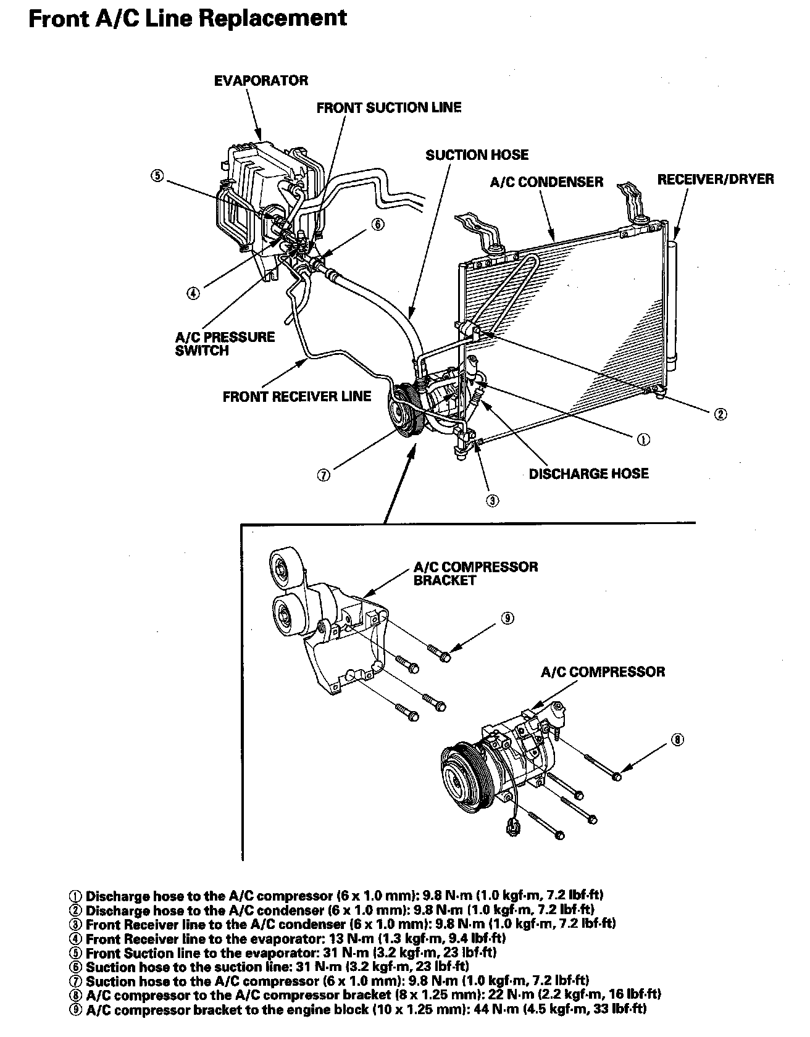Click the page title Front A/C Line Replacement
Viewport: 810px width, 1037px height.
pos(188,19)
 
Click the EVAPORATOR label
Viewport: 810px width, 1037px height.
pos(261,81)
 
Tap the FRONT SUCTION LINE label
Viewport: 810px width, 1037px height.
pos(388,108)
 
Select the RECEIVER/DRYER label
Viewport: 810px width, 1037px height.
pos(715,180)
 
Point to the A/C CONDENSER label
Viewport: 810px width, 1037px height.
pos(546,182)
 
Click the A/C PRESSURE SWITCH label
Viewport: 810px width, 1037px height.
pos(225,344)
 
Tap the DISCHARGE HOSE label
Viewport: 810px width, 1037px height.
pos(588,474)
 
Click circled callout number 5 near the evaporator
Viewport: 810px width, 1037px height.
pos(157,175)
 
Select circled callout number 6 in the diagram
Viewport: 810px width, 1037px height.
pos(378,225)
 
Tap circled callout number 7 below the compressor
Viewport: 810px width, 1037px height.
pos(323,475)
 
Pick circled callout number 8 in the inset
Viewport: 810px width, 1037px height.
pos(677,739)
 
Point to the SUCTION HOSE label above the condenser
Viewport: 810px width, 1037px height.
pos(477,155)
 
